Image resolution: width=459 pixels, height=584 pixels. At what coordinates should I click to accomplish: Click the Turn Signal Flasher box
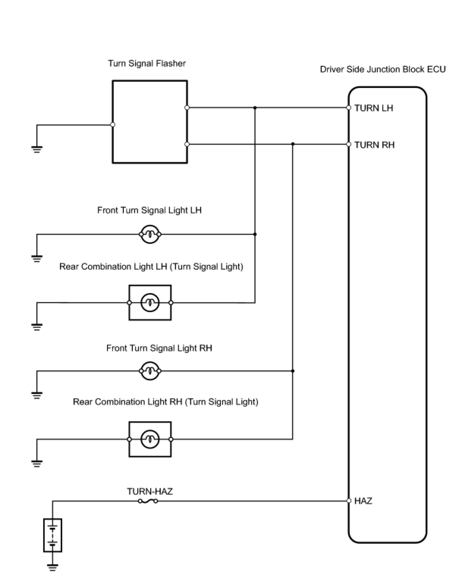[150, 122]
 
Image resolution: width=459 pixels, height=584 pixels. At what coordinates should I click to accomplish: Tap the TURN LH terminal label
[374, 108]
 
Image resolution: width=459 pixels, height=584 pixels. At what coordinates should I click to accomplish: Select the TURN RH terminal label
[374, 145]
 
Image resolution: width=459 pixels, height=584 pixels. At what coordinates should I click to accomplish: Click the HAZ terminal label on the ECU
[363, 501]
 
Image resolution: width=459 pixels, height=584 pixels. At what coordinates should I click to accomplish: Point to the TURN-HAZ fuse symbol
[148, 501]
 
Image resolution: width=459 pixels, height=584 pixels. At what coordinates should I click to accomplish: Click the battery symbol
[53, 535]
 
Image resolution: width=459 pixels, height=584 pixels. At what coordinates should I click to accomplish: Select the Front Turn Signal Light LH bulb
[150, 234]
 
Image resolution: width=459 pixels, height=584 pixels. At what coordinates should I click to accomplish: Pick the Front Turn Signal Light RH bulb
[150, 371]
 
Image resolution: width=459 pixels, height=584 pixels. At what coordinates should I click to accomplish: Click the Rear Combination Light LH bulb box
[150, 303]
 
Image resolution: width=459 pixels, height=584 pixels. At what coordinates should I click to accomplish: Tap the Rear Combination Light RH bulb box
[150, 439]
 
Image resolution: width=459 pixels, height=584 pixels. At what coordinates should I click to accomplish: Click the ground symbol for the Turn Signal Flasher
[37, 149]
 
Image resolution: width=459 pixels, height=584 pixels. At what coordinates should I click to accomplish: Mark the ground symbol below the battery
[53, 567]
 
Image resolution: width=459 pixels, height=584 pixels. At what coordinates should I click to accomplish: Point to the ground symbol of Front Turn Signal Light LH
[37, 259]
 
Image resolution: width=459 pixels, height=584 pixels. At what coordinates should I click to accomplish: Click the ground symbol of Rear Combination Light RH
[37, 464]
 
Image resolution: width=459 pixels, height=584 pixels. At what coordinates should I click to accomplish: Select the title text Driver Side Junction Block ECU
[383, 70]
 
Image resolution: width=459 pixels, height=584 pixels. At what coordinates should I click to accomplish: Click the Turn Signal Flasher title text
[147, 63]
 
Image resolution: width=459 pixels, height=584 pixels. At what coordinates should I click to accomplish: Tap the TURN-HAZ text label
[150, 492]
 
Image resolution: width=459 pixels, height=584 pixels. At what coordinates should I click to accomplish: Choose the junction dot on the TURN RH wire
[293, 144]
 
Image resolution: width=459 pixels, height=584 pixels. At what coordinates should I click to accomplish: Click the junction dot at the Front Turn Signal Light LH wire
[255, 234]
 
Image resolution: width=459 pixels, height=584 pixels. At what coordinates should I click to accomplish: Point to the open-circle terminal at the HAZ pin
[349, 501]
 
